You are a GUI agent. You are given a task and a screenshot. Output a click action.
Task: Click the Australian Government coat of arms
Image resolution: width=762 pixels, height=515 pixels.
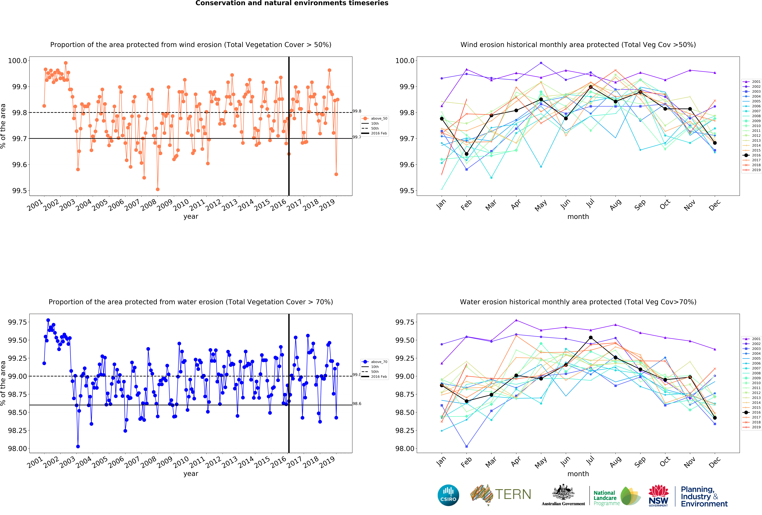click(x=563, y=492)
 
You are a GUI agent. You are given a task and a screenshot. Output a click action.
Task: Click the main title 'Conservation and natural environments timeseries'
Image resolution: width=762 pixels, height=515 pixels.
click(x=292, y=3)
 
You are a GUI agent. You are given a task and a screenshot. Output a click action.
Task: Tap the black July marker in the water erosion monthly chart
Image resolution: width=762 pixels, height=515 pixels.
click(x=591, y=338)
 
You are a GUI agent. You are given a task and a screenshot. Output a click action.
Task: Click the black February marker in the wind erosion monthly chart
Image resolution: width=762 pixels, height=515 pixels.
click(x=467, y=154)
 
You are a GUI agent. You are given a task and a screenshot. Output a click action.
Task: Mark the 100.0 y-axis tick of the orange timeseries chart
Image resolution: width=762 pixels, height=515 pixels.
click(x=17, y=61)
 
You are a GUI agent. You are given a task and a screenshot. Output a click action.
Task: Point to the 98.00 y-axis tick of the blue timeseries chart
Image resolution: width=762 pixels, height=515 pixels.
click(x=17, y=448)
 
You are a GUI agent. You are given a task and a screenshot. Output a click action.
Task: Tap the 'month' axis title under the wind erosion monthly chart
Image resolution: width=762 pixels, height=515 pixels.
click(x=578, y=216)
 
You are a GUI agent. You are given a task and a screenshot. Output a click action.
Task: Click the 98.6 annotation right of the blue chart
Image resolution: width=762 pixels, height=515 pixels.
click(x=357, y=403)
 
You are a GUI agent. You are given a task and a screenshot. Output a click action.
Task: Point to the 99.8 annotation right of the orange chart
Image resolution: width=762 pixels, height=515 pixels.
click(x=357, y=111)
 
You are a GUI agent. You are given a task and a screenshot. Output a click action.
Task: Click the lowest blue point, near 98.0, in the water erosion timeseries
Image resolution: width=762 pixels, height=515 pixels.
click(x=78, y=446)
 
